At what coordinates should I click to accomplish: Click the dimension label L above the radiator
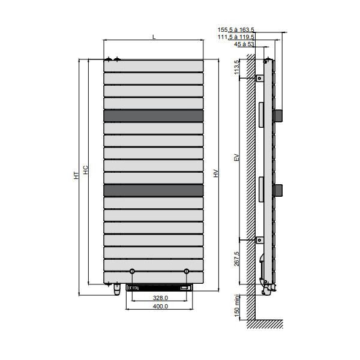(x=154, y=37)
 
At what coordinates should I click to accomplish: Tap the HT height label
(x=76, y=175)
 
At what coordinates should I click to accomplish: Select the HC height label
(x=85, y=170)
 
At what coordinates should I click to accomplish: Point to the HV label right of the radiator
(x=215, y=173)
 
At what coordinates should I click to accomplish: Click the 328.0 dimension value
(x=160, y=298)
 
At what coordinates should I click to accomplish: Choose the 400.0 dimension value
(x=160, y=306)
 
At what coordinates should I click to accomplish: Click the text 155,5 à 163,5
(x=236, y=29)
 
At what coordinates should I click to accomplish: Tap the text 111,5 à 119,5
(x=236, y=37)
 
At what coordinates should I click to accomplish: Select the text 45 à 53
(x=244, y=44)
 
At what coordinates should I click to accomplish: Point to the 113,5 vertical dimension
(x=236, y=67)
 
